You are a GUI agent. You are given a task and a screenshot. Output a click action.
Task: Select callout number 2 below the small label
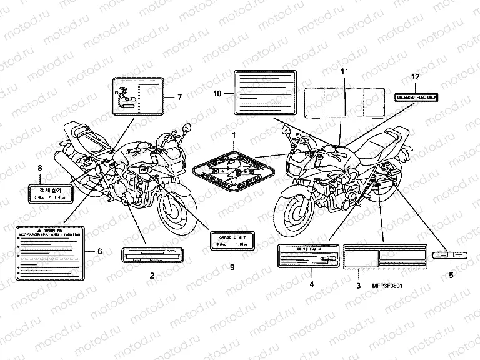(x=151, y=275)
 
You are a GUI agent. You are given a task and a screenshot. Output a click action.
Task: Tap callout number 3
(x=358, y=285)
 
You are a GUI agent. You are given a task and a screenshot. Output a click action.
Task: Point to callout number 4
(x=311, y=285)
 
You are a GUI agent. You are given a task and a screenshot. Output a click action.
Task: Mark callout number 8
(x=40, y=168)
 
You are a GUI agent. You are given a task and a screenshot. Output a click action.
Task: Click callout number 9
(x=232, y=267)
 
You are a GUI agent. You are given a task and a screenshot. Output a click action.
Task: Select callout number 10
(x=217, y=94)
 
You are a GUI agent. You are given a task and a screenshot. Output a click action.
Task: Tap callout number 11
(x=342, y=72)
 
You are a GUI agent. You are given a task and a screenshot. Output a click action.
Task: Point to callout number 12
(x=413, y=76)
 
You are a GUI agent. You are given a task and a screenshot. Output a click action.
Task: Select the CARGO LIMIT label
(x=232, y=240)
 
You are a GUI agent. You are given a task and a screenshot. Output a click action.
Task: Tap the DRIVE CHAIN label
(x=307, y=257)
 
